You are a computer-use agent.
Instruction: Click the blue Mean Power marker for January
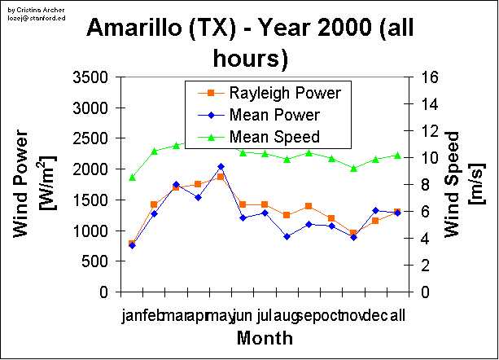point(132,245)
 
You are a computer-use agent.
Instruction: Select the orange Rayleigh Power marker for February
point(154,204)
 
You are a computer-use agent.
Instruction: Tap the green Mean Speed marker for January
point(132,177)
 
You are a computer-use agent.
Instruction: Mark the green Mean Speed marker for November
point(353,168)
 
